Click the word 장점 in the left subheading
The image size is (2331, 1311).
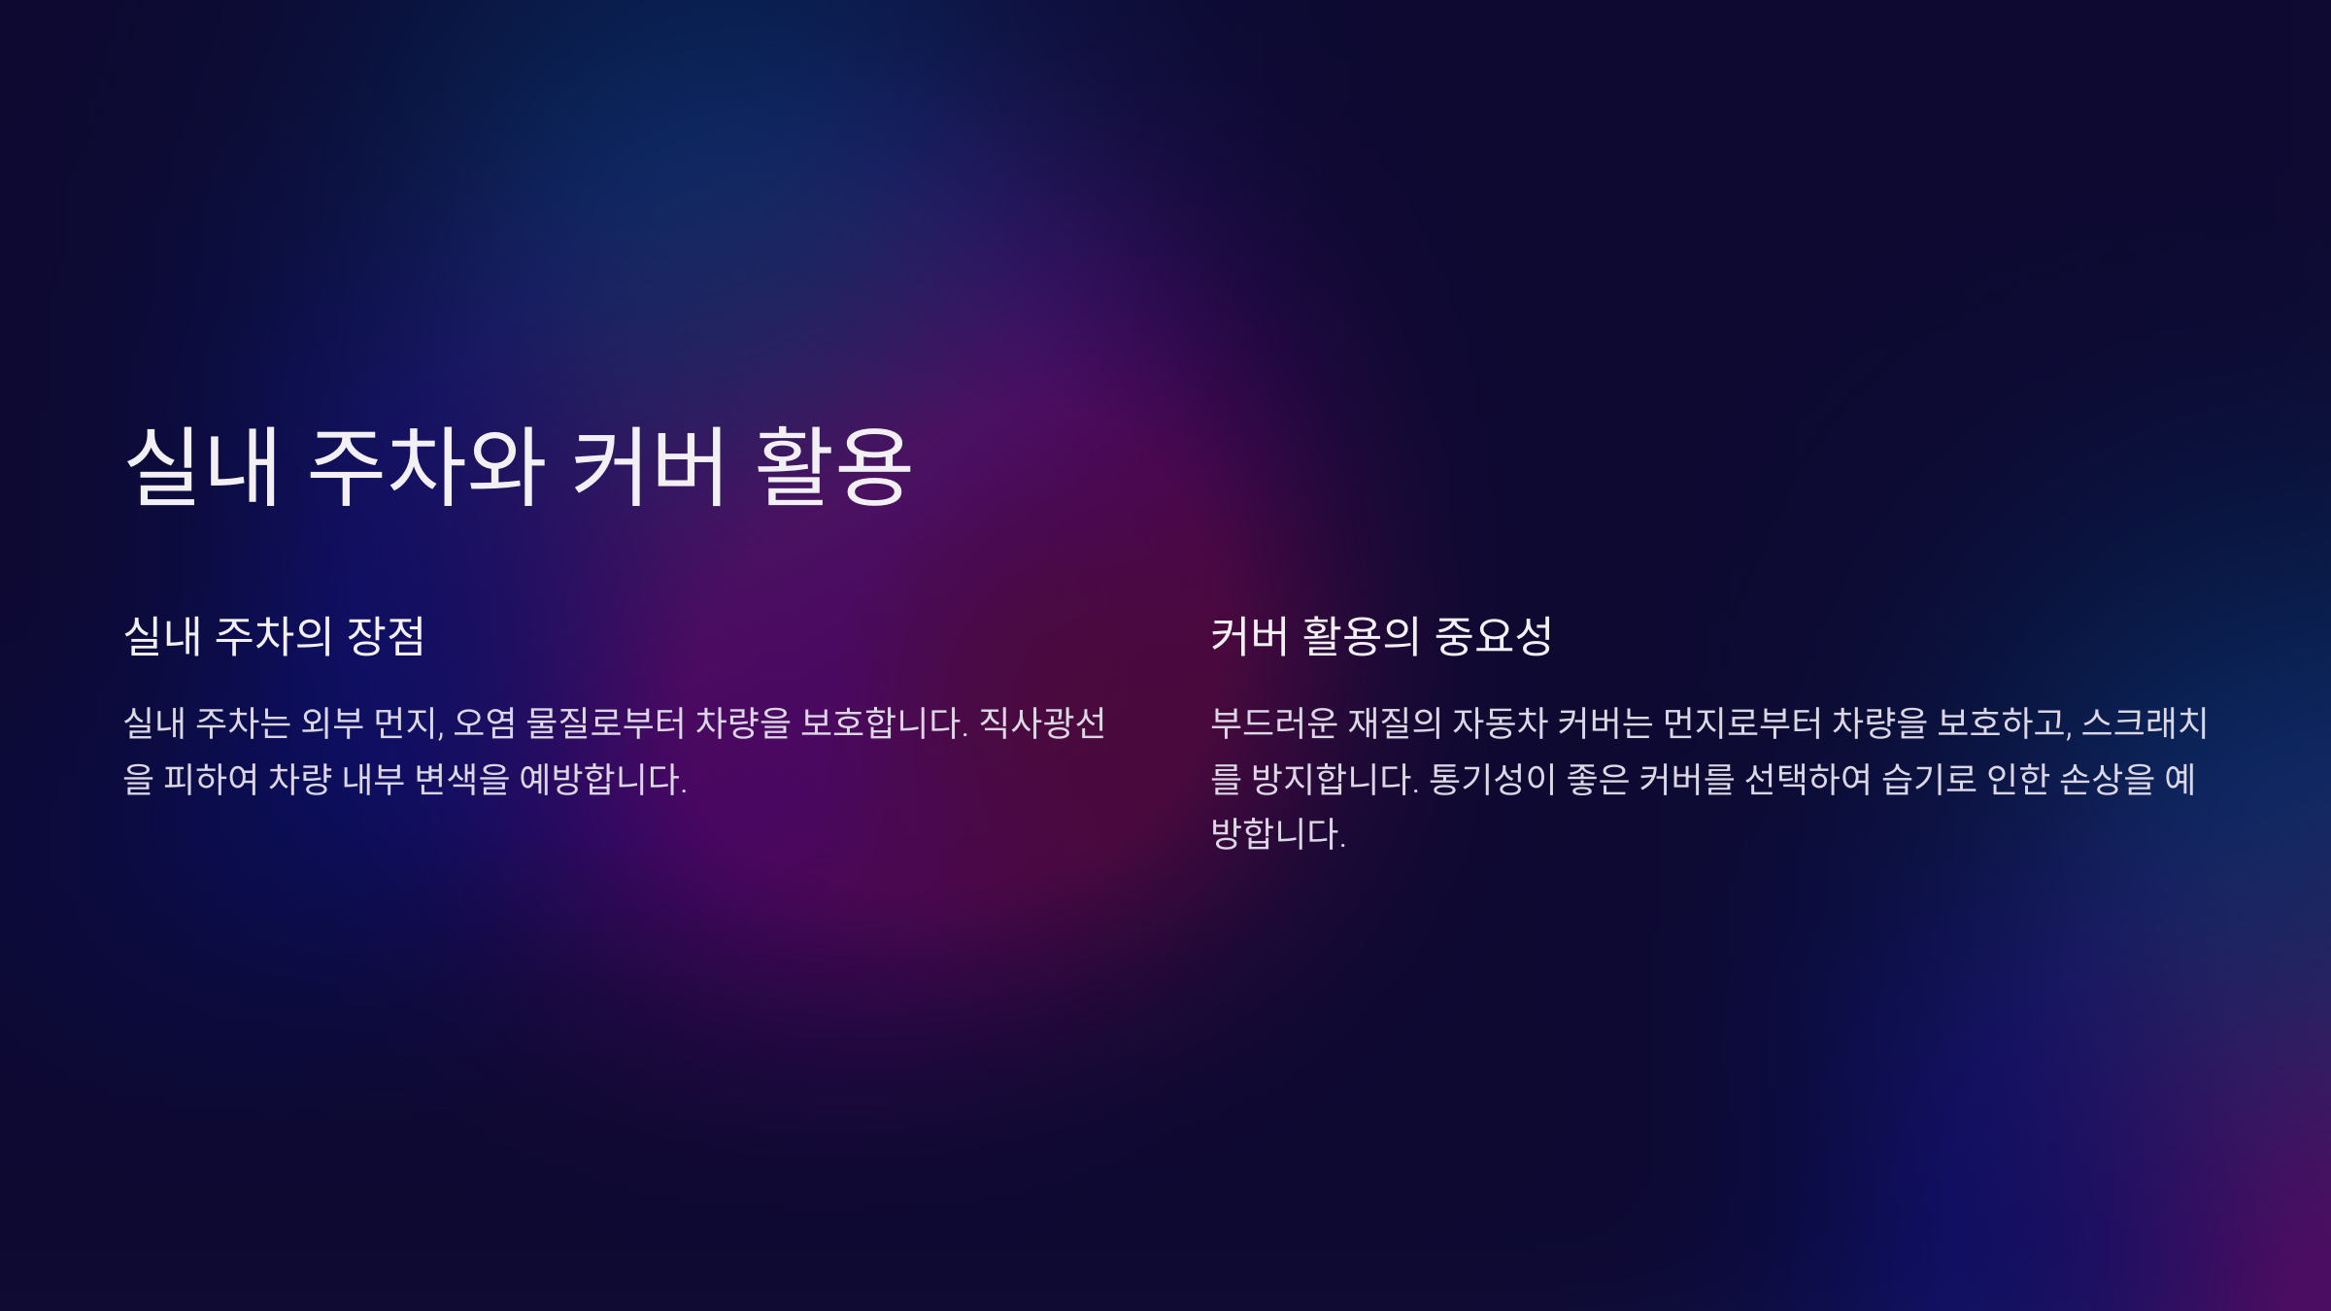pyautogui.click(x=386, y=636)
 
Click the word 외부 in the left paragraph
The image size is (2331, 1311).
pyautogui.click(x=332, y=723)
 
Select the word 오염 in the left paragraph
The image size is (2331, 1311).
pyautogui.click(x=485, y=723)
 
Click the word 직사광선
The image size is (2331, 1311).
pyautogui.click(x=1042, y=723)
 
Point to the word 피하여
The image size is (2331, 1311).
pyautogui.click(x=211, y=779)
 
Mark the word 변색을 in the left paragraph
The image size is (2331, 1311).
pyautogui.click(x=461, y=779)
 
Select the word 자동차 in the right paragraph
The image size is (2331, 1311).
pyautogui.click(x=1500, y=723)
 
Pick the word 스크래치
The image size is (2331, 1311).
pyautogui.click(x=2145, y=723)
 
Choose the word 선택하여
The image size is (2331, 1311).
pyautogui.click(x=1807, y=779)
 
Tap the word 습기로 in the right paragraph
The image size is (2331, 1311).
pyautogui.click(x=1929, y=779)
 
